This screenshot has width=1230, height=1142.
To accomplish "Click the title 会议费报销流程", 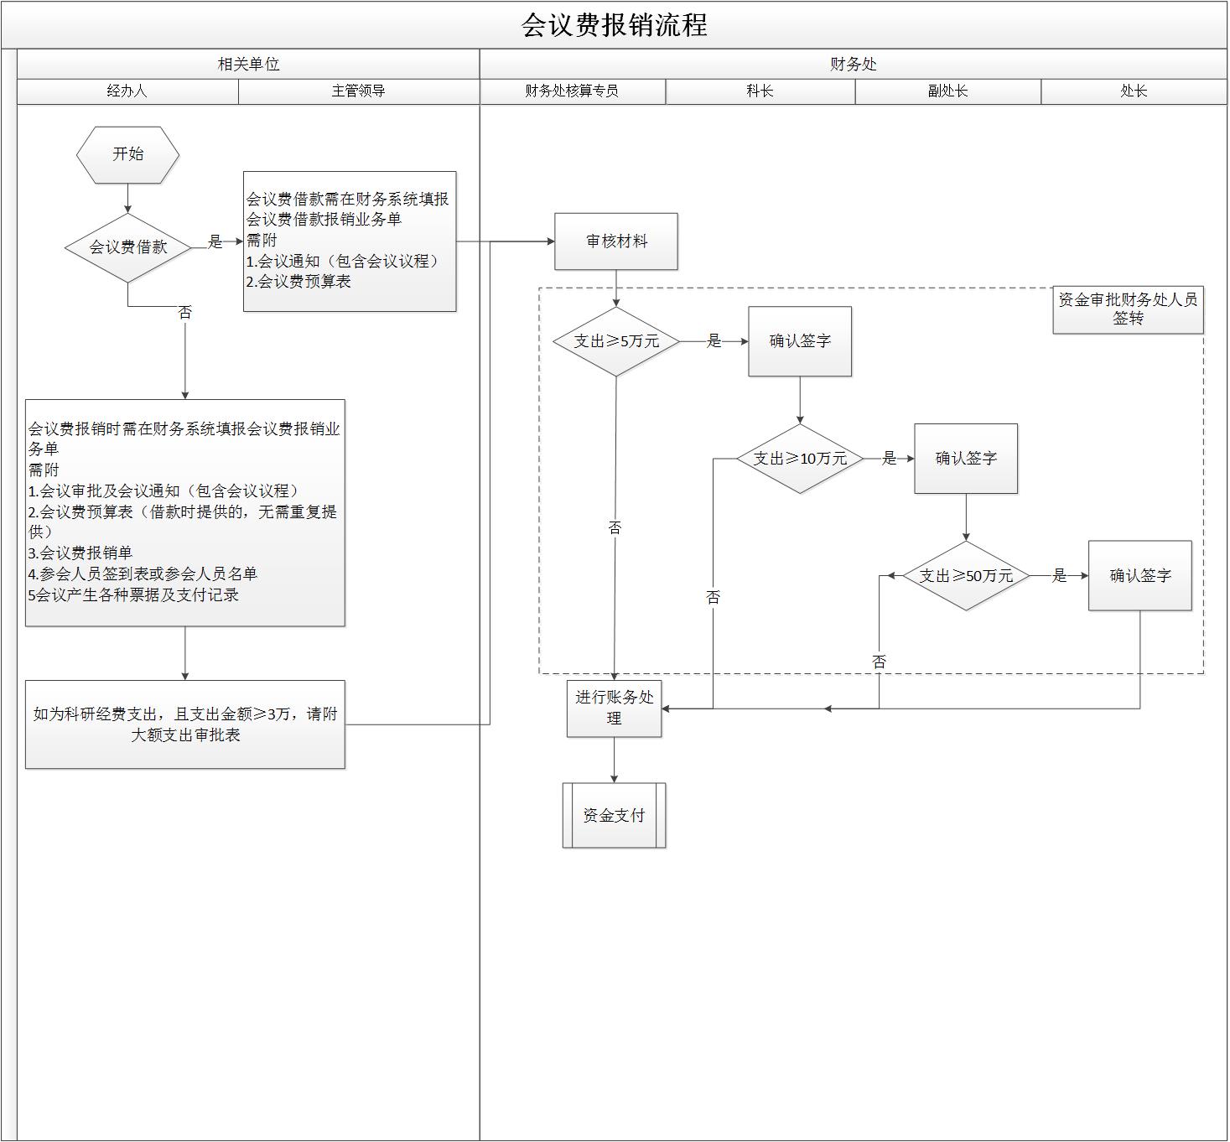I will [x=614, y=25].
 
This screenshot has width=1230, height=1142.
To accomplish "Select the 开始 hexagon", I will [x=127, y=154].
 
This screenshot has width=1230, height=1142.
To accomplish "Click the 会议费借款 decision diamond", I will [x=127, y=247].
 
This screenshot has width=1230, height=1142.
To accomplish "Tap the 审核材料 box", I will [x=615, y=241].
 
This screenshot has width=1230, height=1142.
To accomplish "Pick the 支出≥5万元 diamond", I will [x=615, y=341].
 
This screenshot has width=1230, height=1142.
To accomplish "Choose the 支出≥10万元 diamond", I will [x=799, y=459].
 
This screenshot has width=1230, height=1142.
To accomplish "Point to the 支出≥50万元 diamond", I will [x=966, y=576].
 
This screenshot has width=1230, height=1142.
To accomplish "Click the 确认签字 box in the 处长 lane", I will [x=1139, y=576].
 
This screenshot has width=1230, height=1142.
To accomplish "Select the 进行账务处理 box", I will [x=614, y=709].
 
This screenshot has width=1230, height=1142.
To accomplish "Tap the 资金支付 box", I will [x=614, y=815].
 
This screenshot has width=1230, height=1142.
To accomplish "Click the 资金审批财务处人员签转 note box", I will [x=1128, y=309].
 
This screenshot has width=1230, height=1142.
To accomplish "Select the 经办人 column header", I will [x=127, y=91].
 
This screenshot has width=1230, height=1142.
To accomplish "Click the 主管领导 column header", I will [x=358, y=91].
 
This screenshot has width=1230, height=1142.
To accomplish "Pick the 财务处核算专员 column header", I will [x=572, y=91].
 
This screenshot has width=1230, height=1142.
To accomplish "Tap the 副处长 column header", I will [x=947, y=91].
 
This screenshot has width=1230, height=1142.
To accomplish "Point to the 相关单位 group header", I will [x=248, y=65].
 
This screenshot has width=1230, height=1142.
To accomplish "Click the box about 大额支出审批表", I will [x=184, y=724].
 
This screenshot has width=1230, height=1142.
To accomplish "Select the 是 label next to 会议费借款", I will [x=215, y=242].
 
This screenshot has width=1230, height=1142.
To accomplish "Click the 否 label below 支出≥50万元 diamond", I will [x=879, y=662].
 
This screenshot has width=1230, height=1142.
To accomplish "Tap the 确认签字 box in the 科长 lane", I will [x=800, y=341].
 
